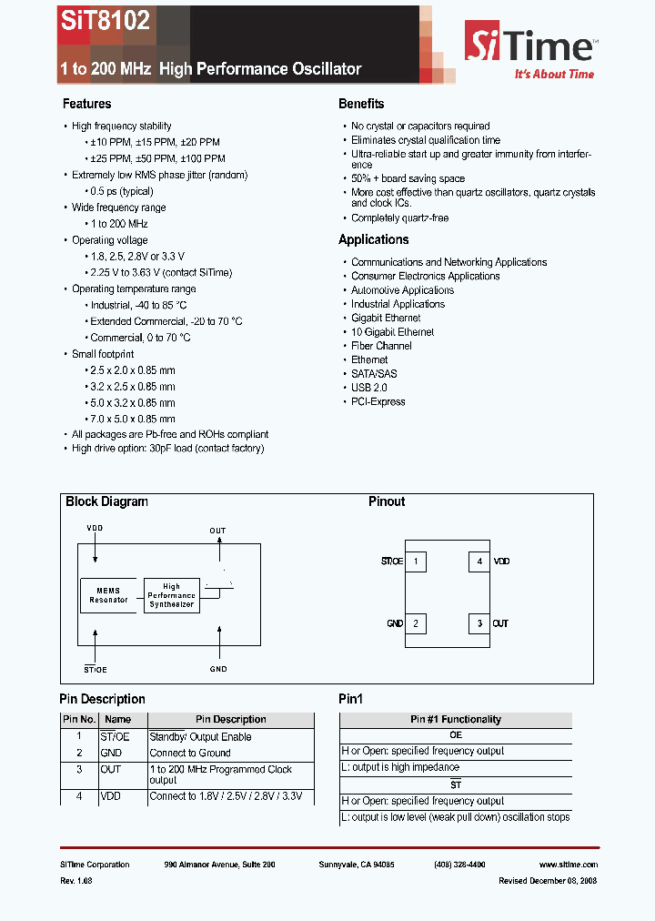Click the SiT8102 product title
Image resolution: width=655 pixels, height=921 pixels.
(x=106, y=22)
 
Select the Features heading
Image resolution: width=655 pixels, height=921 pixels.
(x=86, y=104)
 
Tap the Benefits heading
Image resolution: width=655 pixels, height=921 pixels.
(x=361, y=104)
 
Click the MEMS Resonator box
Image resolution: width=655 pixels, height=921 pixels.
(x=108, y=595)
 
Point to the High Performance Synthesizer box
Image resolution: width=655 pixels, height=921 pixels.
(x=171, y=595)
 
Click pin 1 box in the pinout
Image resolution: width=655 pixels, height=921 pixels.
(x=415, y=562)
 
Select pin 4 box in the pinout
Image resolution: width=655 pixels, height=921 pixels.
(x=479, y=562)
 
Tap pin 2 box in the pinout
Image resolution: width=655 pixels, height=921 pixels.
(x=415, y=623)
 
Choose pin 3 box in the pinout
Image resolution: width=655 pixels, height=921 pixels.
(x=479, y=623)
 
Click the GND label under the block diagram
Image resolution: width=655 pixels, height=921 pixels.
(x=218, y=669)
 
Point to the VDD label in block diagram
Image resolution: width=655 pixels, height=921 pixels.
(x=95, y=528)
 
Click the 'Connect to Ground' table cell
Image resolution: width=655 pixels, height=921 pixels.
(x=190, y=753)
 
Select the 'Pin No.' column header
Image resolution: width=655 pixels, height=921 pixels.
(x=78, y=719)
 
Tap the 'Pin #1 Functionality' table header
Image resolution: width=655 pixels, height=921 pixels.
(x=456, y=719)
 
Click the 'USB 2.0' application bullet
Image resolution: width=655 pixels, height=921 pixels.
(x=369, y=388)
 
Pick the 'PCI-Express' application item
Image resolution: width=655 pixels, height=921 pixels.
(x=378, y=401)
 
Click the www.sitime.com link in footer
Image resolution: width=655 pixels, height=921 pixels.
(x=569, y=865)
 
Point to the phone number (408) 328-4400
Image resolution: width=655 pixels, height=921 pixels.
(x=459, y=865)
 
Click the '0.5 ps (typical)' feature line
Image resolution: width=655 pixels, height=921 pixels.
(x=122, y=191)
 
